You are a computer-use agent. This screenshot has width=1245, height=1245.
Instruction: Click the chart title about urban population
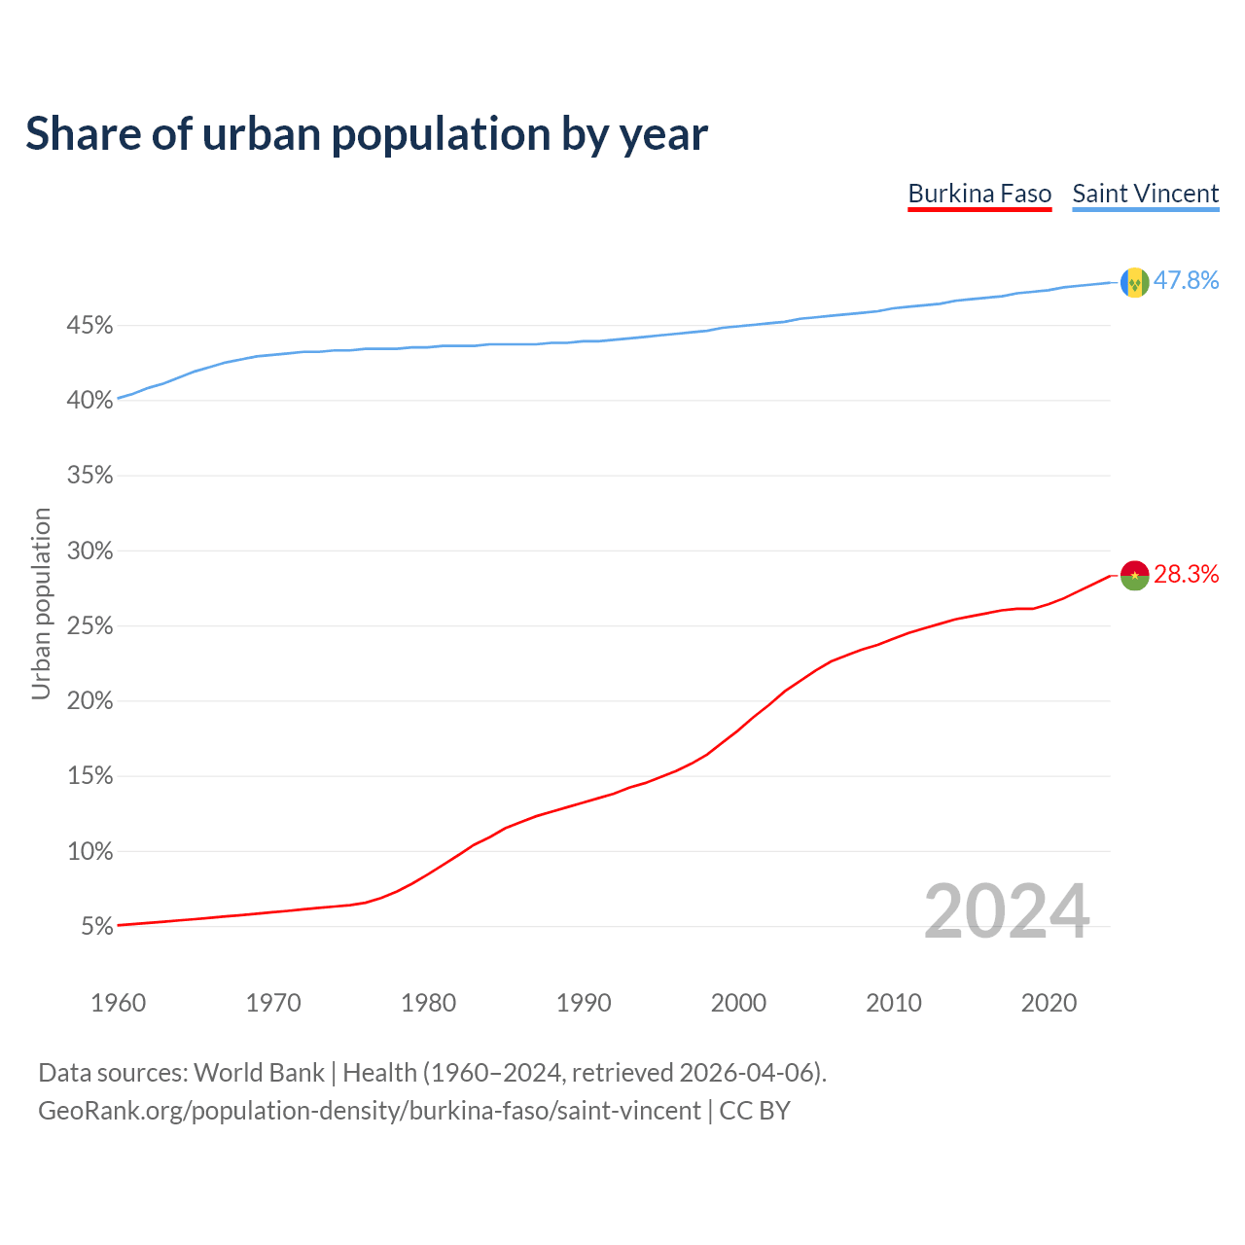coord(367,134)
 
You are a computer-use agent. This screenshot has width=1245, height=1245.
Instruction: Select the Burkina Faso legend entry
coord(979,194)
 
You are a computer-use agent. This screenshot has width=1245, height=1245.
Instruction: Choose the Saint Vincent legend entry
coord(1145,194)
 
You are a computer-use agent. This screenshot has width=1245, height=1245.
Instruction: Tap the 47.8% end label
coord(1186,281)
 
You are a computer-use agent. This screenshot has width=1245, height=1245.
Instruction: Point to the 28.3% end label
coord(1186,575)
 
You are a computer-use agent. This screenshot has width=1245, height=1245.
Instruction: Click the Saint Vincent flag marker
coord(1134,282)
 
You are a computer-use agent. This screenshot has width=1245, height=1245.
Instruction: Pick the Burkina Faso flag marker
coord(1134,575)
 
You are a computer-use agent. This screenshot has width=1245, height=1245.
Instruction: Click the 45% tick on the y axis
coord(89,326)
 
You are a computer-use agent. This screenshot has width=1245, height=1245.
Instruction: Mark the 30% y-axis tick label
coord(89,551)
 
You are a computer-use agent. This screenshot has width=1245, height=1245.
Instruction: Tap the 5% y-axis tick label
coord(96,927)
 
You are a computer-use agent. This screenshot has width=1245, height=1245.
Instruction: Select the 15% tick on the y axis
coord(89,777)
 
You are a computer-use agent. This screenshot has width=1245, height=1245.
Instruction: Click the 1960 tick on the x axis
coord(118,1003)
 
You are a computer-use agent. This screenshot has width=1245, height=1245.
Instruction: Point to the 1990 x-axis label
coord(584,1003)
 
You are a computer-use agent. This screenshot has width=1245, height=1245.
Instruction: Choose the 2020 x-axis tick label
coord(1049,1003)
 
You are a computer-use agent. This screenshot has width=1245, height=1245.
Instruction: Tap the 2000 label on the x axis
coord(738,1003)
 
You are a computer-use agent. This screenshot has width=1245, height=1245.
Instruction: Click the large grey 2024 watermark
coord(1006,911)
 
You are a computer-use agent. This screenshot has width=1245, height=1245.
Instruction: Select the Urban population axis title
coord(41,603)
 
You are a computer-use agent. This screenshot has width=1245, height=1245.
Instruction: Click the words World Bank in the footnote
coord(259,1073)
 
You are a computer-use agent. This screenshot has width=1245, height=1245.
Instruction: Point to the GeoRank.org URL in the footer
coord(369,1111)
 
